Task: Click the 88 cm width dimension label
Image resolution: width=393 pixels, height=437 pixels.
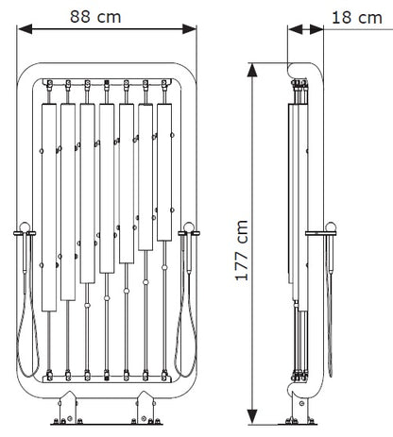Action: (x=95, y=17)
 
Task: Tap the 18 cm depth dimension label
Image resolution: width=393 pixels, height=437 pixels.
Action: (x=357, y=18)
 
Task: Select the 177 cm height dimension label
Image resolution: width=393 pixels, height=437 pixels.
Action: (x=242, y=250)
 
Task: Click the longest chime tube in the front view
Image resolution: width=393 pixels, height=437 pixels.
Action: (x=49, y=208)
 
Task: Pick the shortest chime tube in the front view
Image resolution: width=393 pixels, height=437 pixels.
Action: (x=164, y=173)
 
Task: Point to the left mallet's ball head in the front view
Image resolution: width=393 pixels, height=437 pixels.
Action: (x=25, y=227)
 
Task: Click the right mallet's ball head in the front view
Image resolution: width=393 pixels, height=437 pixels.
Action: (x=189, y=227)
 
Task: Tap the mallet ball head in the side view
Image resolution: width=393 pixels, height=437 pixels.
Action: (x=331, y=227)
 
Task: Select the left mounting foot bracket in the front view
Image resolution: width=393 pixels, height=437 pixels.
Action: (x=68, y=408)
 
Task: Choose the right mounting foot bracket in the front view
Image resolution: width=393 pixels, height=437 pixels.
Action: (x=145, y=408)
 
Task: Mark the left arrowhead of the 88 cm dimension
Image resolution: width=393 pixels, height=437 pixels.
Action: (x=26, y=29)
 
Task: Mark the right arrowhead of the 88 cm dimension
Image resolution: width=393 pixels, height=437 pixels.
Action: (x=189, y=29)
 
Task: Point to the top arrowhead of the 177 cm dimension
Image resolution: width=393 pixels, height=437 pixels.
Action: (x=252, y=70)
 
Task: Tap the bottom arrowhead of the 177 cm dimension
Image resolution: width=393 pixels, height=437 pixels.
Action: (x=252, y=416)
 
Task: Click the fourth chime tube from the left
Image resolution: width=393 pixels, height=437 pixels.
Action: (x=107, y=189)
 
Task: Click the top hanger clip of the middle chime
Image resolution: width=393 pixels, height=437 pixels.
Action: (x=107, y=84)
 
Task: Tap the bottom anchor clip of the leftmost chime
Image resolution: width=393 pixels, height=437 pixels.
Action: (x=49, y=376)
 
